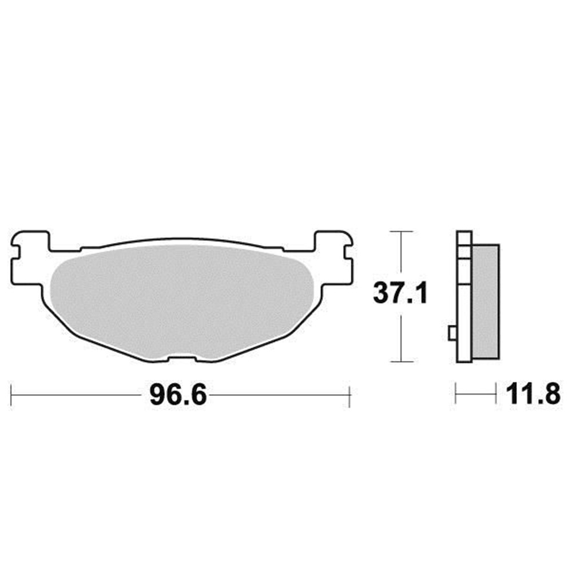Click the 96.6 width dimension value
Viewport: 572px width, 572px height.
(178, 395)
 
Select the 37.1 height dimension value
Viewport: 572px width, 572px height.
(400, 293)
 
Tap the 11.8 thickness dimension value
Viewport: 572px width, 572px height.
(533, 394)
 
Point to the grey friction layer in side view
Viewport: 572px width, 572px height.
(486, 301)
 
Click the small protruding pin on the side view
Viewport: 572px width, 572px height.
(452, 333)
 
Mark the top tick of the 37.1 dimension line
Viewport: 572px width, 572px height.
(402, 231)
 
